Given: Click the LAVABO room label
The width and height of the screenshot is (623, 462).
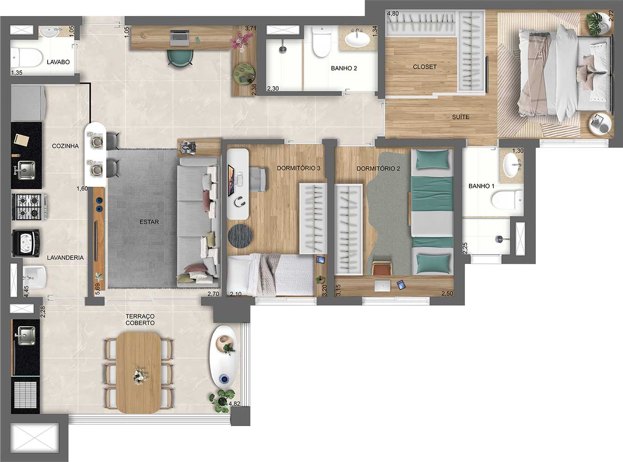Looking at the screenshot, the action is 58,62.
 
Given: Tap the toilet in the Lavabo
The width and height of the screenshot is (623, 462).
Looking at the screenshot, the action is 27,58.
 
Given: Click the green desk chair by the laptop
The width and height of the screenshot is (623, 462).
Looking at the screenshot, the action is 180,58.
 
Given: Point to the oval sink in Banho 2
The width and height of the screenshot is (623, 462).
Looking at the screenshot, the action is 357,39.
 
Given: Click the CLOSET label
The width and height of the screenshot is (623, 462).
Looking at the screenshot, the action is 425,67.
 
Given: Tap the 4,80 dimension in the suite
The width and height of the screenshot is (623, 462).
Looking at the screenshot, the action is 393,13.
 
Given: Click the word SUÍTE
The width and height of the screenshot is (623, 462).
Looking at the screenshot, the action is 460,117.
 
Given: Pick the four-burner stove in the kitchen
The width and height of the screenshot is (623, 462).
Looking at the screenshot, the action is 29,207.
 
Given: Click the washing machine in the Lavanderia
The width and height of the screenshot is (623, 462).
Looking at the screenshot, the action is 25,243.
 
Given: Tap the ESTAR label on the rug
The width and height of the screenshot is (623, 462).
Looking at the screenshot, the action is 149,222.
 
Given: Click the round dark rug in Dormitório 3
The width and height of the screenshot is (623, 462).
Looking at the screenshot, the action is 240,236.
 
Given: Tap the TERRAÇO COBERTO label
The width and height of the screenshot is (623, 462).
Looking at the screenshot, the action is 140,320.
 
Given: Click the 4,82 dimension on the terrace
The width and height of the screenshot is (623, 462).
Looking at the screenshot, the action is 234,404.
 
